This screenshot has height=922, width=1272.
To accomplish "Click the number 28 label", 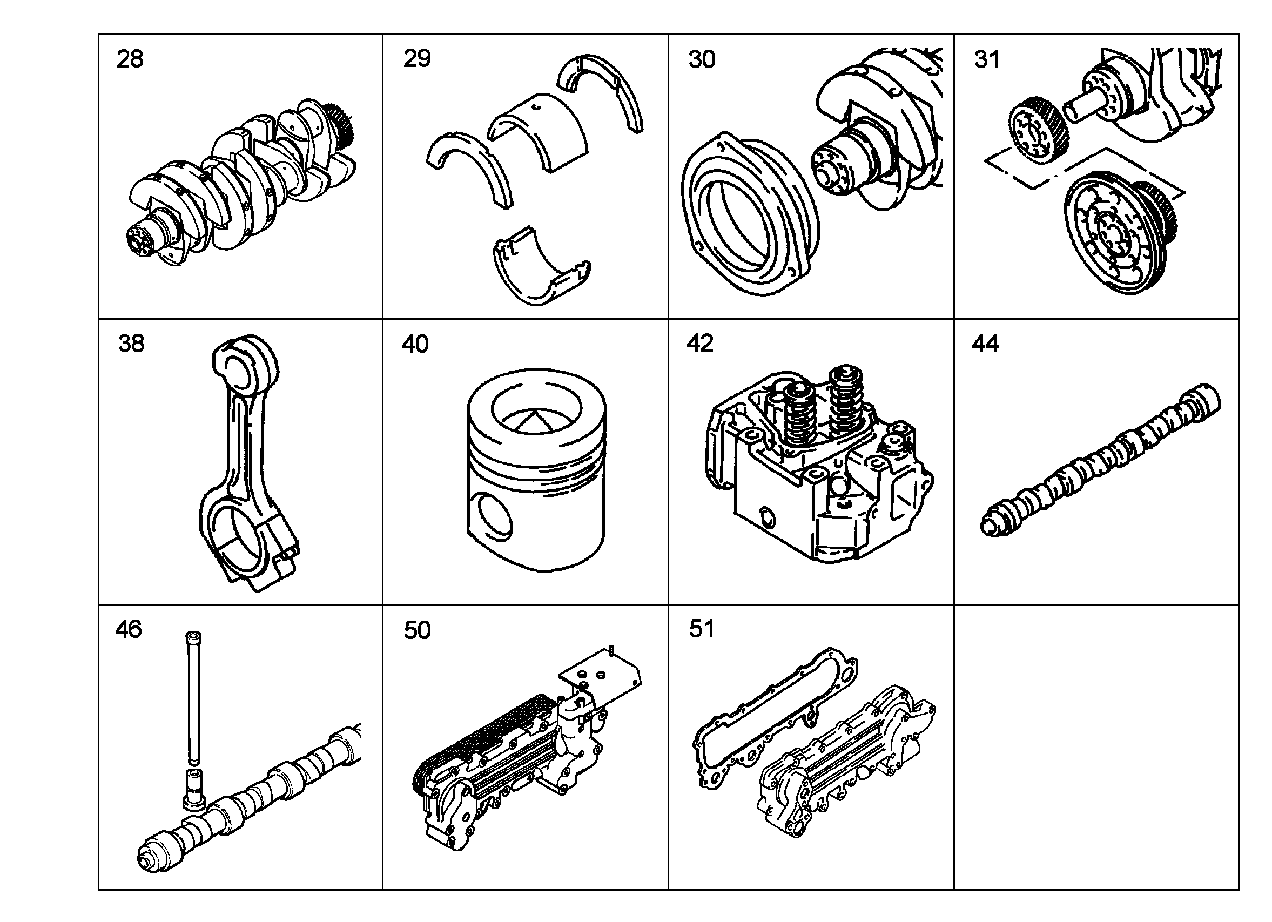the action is [130, 59].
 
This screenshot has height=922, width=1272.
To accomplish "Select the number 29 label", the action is [417, 58].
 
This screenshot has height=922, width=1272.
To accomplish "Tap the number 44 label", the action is [985, 343].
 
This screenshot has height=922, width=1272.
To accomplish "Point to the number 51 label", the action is [702, 629].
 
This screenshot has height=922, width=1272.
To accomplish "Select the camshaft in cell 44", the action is [1100, 460].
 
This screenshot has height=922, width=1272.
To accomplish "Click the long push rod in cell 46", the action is [193, 698].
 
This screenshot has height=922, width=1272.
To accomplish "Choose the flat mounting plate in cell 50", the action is [602, 678].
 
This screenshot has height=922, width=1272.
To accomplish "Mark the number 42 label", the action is [700, 343].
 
